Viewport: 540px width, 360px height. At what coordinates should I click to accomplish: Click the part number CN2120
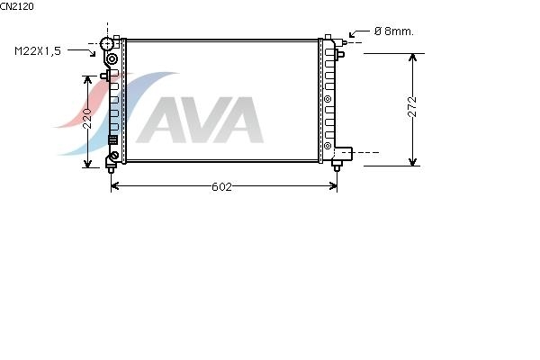(17, 6)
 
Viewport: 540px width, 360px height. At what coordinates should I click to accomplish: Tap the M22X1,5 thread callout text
(38, 51)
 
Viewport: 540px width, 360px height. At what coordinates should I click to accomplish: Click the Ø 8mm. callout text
(393, 31)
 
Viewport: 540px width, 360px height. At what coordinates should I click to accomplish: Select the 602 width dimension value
(221, 186)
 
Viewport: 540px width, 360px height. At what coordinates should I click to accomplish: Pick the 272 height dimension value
(412, 107)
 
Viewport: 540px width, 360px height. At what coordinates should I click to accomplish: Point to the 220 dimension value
(87, 119)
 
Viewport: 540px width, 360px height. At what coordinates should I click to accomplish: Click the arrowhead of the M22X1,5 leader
(93, 54)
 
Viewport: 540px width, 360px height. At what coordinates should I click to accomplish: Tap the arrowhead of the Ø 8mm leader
(352, 35)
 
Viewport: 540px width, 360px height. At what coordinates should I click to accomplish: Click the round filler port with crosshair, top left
(107, 44)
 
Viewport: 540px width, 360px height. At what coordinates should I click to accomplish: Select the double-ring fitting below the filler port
(112, 59)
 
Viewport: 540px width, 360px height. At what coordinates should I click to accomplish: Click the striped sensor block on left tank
(113, 139)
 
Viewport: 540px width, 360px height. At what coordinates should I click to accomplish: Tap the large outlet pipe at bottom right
(344, 153)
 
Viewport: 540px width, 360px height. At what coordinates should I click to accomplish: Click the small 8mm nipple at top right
(343, 42)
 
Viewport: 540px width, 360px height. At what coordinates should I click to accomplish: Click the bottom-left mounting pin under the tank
(111, 168)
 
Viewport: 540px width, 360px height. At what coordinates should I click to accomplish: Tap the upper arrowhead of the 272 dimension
(412, 57)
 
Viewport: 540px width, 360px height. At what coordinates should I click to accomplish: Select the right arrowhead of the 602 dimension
(334, 186)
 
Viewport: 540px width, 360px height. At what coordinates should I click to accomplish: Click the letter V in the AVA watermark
(199, 120)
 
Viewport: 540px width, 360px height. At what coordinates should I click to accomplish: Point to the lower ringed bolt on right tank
(328, 146)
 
